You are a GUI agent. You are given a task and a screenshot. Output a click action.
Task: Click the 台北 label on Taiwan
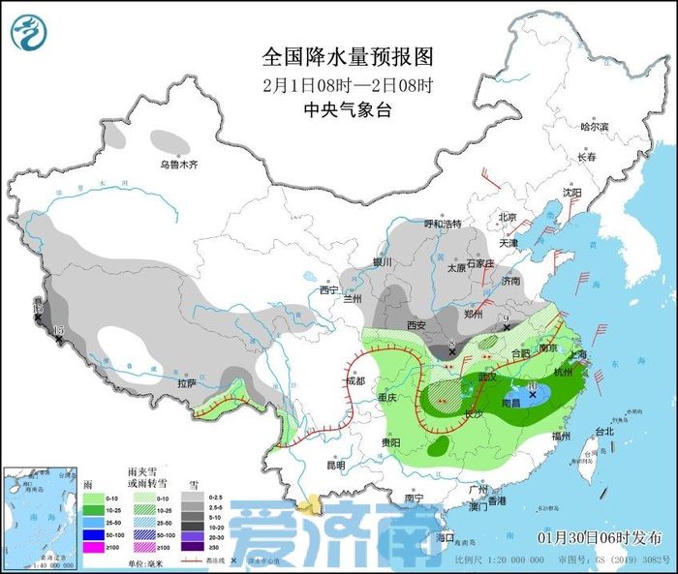603,432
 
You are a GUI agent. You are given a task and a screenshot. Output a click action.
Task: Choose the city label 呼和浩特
447,225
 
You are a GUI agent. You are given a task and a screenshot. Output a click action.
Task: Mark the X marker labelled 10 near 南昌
533,395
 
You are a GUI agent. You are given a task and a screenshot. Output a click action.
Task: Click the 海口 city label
446,536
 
